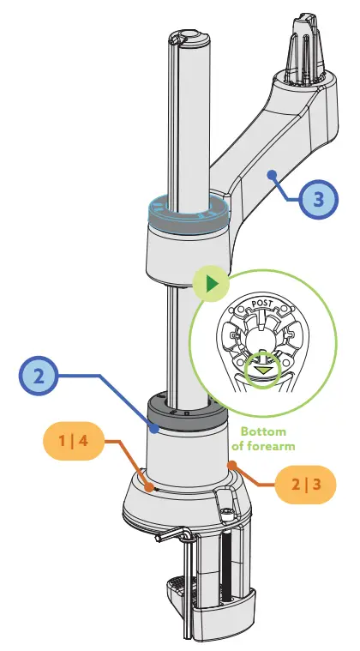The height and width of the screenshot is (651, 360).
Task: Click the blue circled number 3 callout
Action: point(318,200)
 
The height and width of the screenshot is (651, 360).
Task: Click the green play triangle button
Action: point(210,284)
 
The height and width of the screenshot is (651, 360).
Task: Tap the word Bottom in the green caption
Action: point(261,431)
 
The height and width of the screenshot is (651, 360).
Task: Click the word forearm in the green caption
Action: point(274,447)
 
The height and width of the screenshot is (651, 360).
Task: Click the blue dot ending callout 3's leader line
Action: point(272,174)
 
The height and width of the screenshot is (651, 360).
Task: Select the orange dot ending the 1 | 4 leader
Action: point(152,487)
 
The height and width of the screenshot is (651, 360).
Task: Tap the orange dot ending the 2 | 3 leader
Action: point(230,464)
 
